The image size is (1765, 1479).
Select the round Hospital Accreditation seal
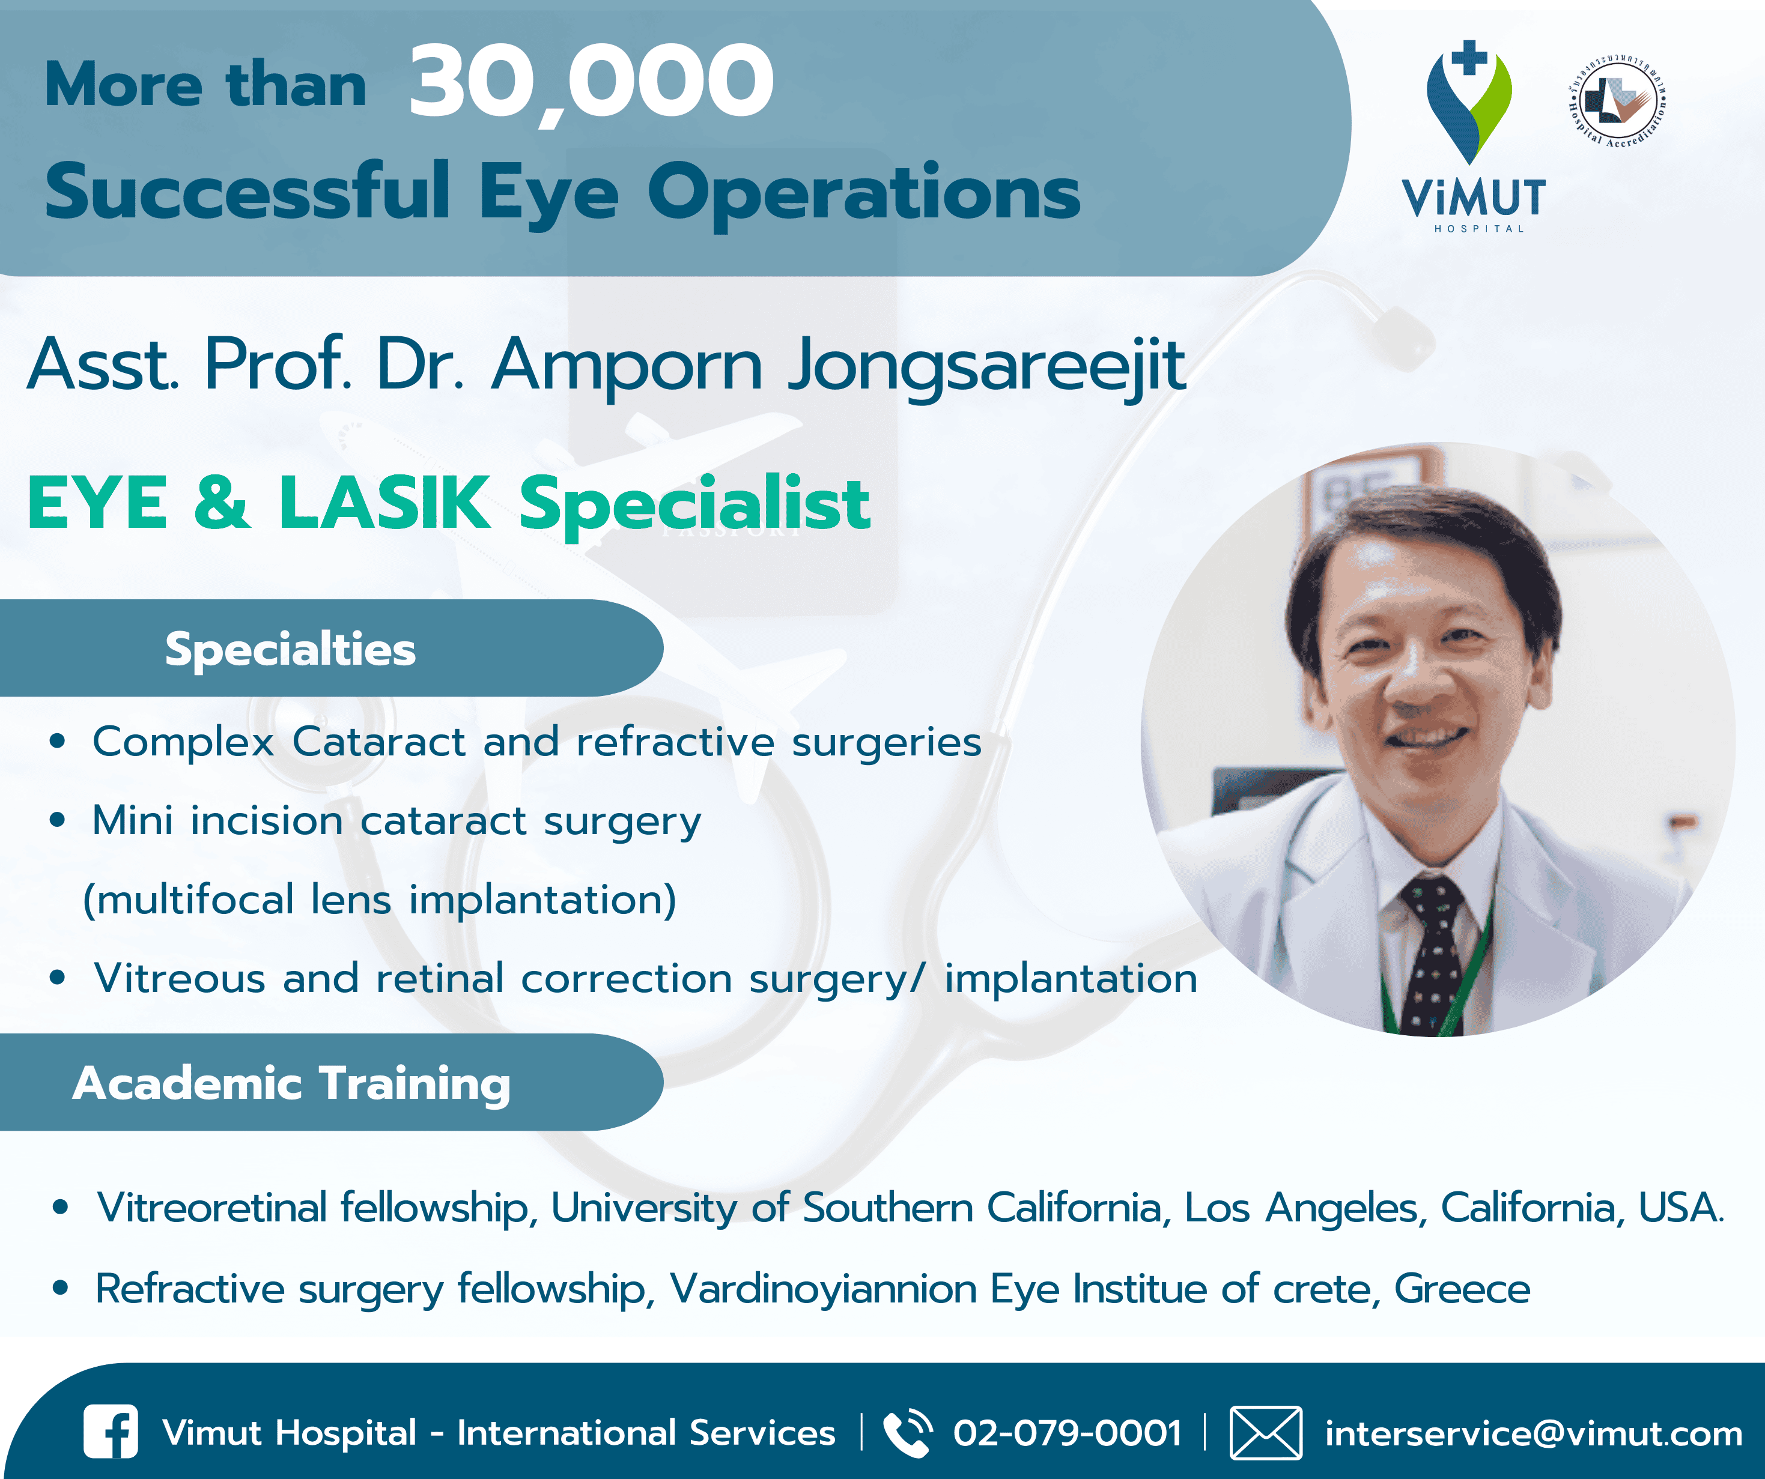pyautogui.click(x=1618, y=101)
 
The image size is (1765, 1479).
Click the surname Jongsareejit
pyautogui.click(x=986, y=366)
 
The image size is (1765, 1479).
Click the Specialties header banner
pyautogui.click(x=331, y=648)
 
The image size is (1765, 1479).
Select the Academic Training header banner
pyautogui.click(x=331, y=1082)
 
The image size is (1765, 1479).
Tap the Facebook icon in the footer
pyautogui.click(x=111, y=1432)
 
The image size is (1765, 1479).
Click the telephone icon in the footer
pyautogui.click(x=908, y=1433)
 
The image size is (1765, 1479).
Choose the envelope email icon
pyautogui.click(x=1266, y=1433)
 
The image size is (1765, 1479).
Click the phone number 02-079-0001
pyautogui.click(x=1068, y=1433)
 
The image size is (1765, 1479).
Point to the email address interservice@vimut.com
pyautogui.click(x=1534, y=1433)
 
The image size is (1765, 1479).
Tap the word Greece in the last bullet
pyautogui.click(x=1462, y=1288)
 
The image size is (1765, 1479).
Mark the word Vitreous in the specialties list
pyautogui.click(x=180, y=978)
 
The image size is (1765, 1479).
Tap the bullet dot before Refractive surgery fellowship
pyautogui.click(x=59, y=1287)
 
